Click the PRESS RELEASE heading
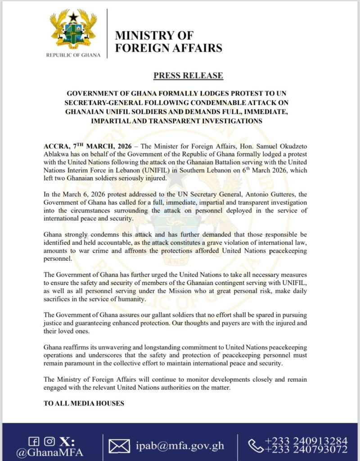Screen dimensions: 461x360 point(188,75)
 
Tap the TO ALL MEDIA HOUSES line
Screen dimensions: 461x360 point(84,403)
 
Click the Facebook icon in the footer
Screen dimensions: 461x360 point(33,441)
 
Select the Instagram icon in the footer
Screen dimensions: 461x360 point(50,441)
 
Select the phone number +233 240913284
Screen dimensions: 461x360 point(306,440)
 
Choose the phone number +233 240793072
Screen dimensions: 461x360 point(306,450)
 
